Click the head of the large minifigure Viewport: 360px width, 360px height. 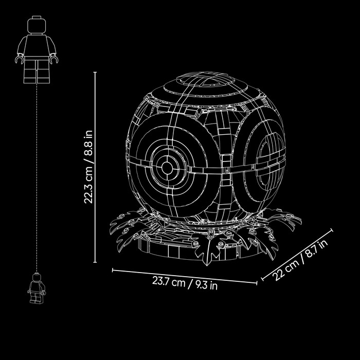pos(37,25)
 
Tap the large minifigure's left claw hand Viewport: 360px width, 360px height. pos(19,59)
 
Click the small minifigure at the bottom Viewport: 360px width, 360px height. pos(37,288)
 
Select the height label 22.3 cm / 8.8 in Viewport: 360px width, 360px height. pos(88,167)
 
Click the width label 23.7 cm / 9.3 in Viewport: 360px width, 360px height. pos(185,283)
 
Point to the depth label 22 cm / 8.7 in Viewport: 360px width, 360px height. pos(300,259)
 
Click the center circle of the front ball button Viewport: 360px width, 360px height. pos(167,168)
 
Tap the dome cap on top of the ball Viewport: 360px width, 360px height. pos(206,80)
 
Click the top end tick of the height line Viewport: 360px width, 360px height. pos(95,72)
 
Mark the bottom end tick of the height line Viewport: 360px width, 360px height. pos(95,262)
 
